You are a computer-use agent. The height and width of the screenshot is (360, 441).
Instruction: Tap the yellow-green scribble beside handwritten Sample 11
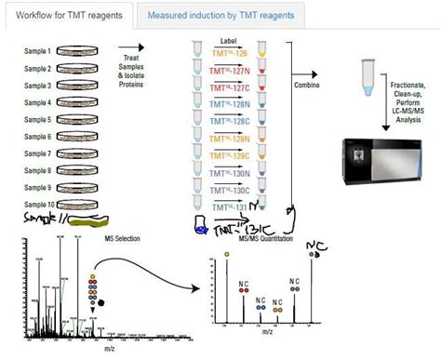92,220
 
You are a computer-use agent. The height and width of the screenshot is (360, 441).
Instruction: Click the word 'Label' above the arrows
233,41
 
